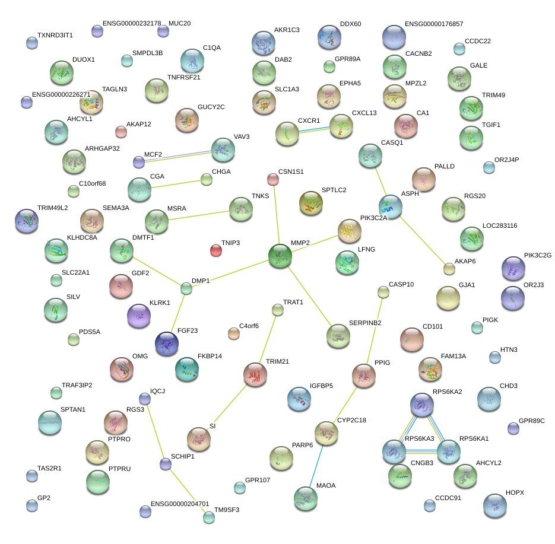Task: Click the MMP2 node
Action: click(280, 256)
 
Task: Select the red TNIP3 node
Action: click(216, 250)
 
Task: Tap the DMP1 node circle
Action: click(186, 289)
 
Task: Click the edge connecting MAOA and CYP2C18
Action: click(315, 465)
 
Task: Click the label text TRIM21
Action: click(277, 361)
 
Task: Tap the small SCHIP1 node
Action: click(166, 464)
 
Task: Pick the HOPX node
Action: click(495, 505)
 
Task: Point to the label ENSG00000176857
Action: click(433, 24)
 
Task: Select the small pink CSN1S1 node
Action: click(272, 179)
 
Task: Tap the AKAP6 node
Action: click(449, 269)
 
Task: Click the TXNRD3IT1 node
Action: click(32, 43)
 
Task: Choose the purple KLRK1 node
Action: click(139, 316)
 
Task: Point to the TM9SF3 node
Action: click(208, 517)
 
